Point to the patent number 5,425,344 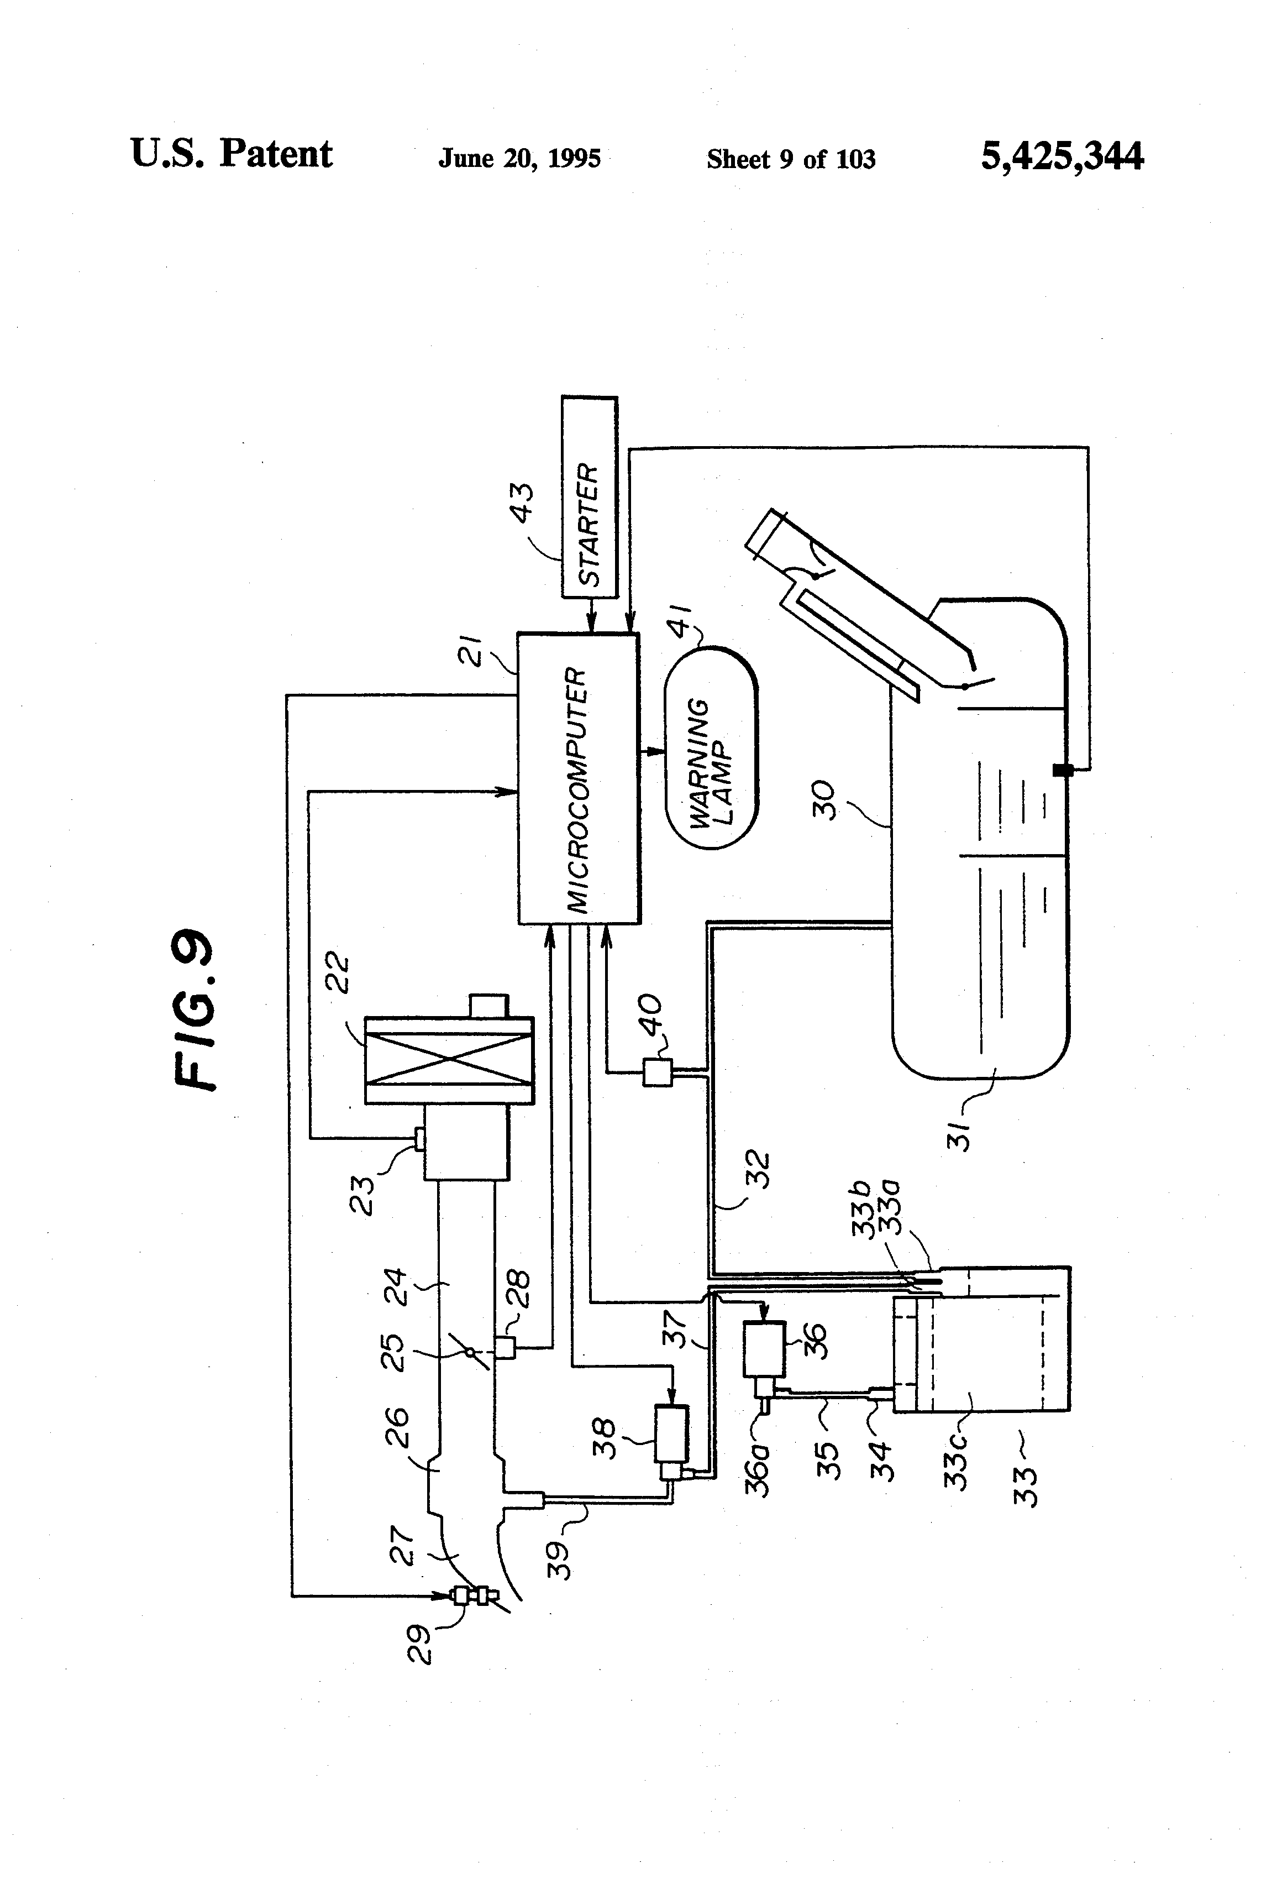pos(1062,156)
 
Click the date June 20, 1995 pos(519,158)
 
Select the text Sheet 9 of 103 pos(791,159)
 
